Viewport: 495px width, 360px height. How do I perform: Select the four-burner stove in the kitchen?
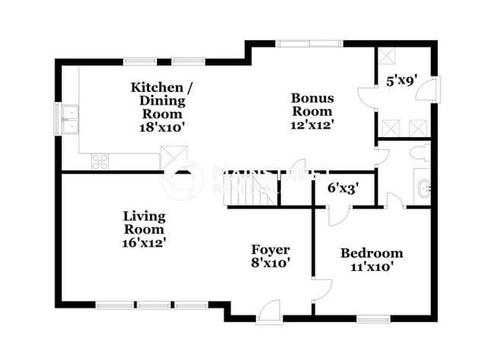pyautogui.click(x=101, y=161)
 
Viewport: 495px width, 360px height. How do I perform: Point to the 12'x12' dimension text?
pyautogui.click(x=311, y=122)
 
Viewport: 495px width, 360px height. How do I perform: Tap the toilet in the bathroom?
pyautogui.click(x=420, y=153)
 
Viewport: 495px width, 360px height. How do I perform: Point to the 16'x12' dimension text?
pyautogui.click(x=144, y=241)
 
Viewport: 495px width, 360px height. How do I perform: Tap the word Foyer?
pyautogui.click(x=270, y=250)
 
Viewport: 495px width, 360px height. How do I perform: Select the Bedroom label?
pyautogui.click(x=372, y=253)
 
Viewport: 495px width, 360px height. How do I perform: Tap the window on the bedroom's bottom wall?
pyautogui.click(x=373, y=317)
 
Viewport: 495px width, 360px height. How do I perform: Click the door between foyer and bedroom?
pyautogui.click(x=320, y=289)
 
